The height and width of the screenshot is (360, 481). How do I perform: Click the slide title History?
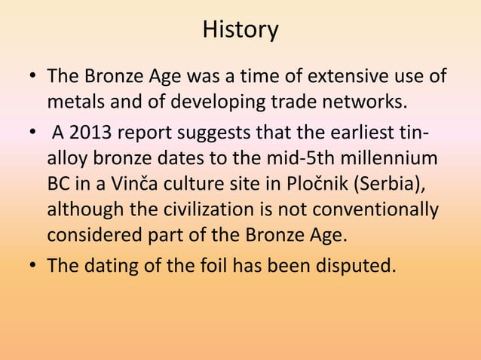click(x=240, y=30)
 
